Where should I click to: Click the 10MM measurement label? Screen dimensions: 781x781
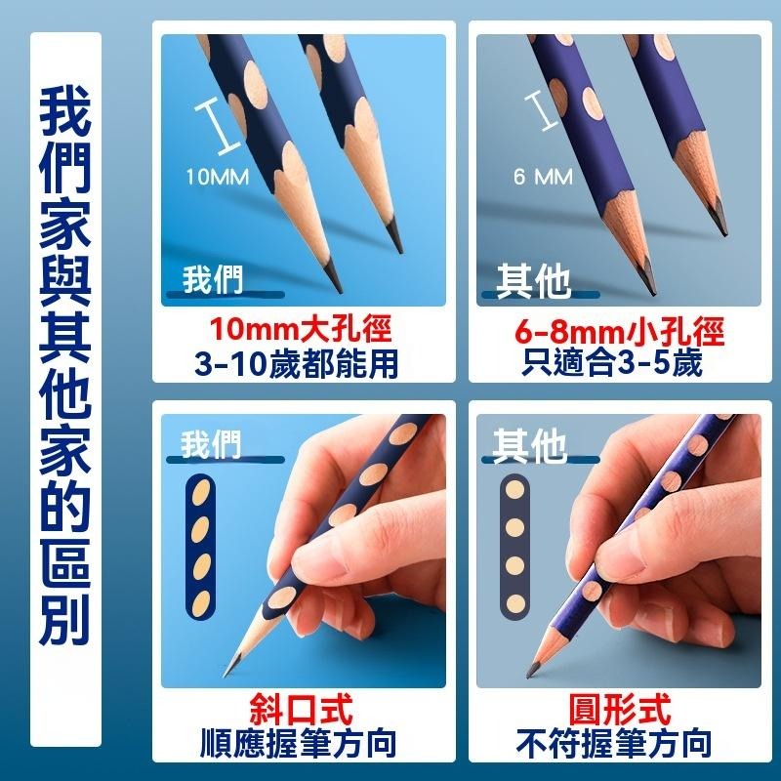(217, 177)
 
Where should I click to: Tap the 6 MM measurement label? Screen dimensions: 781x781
(543, 177)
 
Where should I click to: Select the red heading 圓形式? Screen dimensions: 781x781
(620, 710)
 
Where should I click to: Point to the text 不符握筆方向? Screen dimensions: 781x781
(619, 744)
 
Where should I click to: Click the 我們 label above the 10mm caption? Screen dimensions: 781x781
(213, 280)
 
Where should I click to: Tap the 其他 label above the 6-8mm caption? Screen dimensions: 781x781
(532, 281)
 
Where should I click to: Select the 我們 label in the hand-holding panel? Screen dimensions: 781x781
(211, 446)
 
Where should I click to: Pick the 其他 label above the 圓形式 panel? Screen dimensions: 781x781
(529, 446)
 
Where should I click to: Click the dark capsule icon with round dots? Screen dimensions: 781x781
(514, 547)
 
